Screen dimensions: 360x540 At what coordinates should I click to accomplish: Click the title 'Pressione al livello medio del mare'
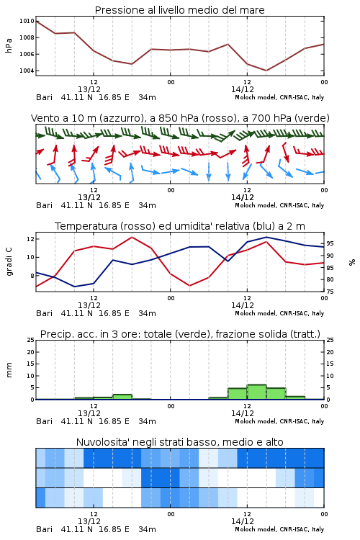pos(179,10)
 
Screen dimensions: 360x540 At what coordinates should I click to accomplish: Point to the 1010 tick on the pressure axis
pos(27,21)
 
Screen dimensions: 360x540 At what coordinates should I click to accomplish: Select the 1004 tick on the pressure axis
pos(27,71)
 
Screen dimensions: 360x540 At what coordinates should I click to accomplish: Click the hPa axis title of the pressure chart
pos(9,45)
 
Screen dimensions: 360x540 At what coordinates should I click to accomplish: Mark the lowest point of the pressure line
pos(266,71)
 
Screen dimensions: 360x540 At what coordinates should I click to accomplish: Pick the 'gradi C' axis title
pos(9,262)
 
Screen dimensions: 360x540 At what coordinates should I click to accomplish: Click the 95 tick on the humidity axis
pos(330,243)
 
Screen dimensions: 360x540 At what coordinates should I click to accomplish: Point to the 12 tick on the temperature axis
pos(30,238)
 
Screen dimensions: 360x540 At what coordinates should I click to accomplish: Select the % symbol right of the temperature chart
pos(352,262)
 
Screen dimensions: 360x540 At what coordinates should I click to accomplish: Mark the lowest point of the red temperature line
pos(190,286)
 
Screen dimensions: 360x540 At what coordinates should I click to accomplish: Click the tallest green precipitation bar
pos(256,392)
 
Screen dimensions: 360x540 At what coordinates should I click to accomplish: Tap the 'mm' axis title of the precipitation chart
pos(9,370)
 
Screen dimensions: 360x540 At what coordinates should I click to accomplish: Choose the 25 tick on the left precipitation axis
pos(31,340)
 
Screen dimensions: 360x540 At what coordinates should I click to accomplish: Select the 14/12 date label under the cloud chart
pos(242,521)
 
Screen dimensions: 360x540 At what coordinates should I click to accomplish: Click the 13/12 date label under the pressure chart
pos(89,89)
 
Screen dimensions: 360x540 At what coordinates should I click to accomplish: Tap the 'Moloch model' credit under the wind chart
pos(256,206)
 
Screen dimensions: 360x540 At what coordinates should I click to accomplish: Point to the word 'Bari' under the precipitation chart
pos(44,421)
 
